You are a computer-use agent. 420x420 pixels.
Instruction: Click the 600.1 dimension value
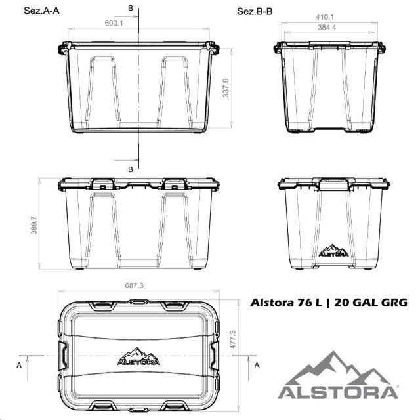coord(114,23)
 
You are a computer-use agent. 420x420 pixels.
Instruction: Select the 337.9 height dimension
coord(226,88)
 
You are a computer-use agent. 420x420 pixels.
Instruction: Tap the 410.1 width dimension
coord(325,17)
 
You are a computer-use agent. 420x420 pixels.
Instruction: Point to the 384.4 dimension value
coord(327,28)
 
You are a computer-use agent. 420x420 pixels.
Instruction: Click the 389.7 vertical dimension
coord(34,225)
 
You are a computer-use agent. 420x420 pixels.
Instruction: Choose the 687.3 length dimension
coord(134,285)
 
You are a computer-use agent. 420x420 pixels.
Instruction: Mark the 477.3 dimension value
coord(233,339)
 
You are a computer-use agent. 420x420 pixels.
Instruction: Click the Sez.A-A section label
coord(41,10)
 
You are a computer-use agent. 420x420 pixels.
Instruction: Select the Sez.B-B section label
coord(255,12)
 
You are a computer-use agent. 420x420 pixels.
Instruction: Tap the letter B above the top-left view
coord(131,8)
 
